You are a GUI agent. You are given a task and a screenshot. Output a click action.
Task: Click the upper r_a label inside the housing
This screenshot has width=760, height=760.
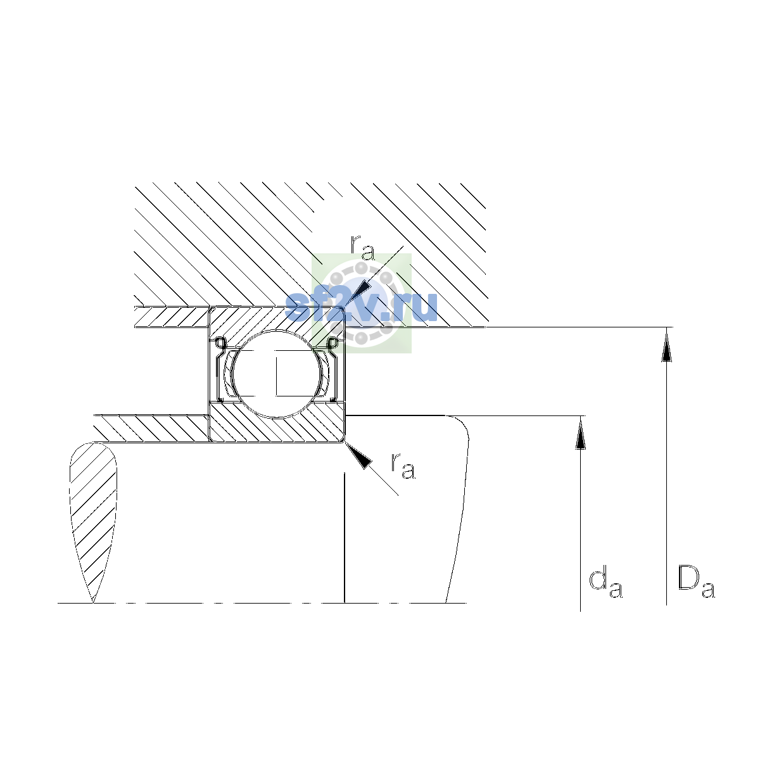click(x=362, y=248)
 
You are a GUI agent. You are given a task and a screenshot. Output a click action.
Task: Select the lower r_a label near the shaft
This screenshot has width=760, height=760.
click(x=403, y=465)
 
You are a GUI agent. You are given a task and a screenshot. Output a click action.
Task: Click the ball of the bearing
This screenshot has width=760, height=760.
click(x=277, y=374)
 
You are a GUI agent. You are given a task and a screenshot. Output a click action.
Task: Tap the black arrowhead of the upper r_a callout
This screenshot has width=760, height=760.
click(x=360, y=292)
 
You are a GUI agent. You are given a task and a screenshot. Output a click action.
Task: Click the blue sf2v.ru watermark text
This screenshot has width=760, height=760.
click(x=361, y=307)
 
